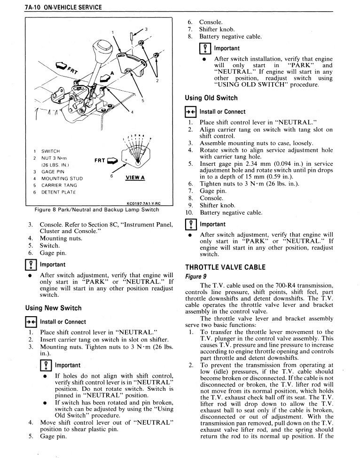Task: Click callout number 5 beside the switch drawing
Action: tap(142, 101)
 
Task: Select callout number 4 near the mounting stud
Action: tap(132, 112)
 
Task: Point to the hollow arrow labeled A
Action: tap(105, 78)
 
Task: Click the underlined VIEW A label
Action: tap(135, 178)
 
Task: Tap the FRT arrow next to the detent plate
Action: tap(112, 160)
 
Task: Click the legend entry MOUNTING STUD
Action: tap(62, 179)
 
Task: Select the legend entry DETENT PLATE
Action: tap(58, 192)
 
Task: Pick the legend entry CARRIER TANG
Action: tap(59, 185)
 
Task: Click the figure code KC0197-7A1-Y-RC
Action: tap(143, 203)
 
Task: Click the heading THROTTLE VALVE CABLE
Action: tap(225, 267)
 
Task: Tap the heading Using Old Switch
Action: tap(211, 98)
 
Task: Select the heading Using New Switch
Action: tap(54, 308)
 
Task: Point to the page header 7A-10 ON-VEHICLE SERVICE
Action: tap(63, 7)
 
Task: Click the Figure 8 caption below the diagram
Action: tap(97, 210)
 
